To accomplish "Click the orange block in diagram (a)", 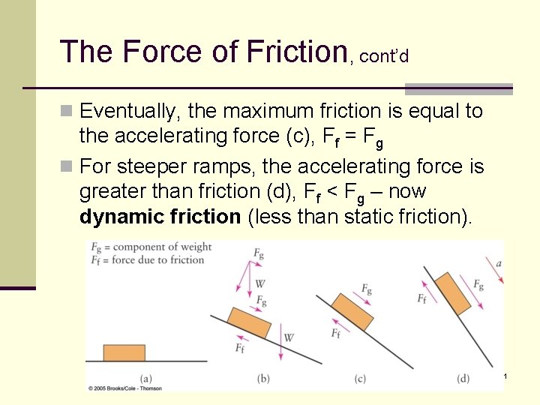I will pos(124,353).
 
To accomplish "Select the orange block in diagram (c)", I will pos(352,311).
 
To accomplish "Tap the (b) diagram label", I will pos(263,378).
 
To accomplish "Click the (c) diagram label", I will pos(360,378).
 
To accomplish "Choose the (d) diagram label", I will pos(463,378).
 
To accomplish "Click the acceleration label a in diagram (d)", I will pos(499,262).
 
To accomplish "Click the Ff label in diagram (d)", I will pos(422,298).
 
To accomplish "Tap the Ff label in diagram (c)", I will pos(335,333).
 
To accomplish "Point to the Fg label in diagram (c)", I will pos(367,289).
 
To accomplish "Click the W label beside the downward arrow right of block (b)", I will pos(289,337).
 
